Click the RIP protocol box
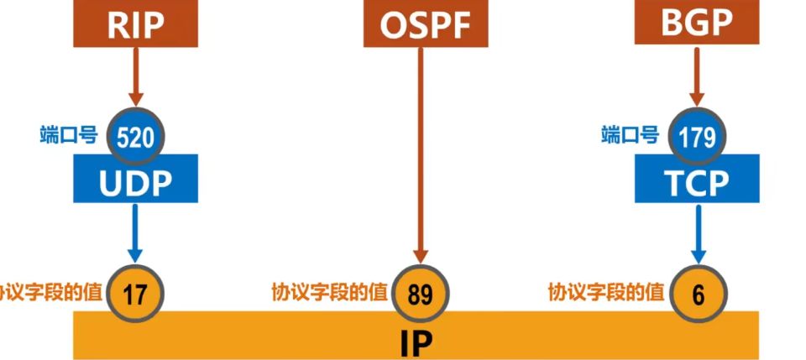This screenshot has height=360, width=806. [135, 23]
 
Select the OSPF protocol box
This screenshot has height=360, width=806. [426, 24]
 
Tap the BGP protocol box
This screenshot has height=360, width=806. [696, 23]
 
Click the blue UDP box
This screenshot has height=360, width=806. [135, 179]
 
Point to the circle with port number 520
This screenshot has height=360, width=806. [135, 135]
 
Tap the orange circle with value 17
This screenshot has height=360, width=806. [135, 293]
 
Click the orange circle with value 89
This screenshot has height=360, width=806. [420, 293]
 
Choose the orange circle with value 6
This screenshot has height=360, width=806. [697, 293]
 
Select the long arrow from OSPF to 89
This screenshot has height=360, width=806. [421, 151]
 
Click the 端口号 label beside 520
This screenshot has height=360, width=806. [69, 134]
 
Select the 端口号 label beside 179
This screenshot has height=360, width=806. [630, 134]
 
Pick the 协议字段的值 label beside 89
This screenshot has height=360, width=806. [329, 292]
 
